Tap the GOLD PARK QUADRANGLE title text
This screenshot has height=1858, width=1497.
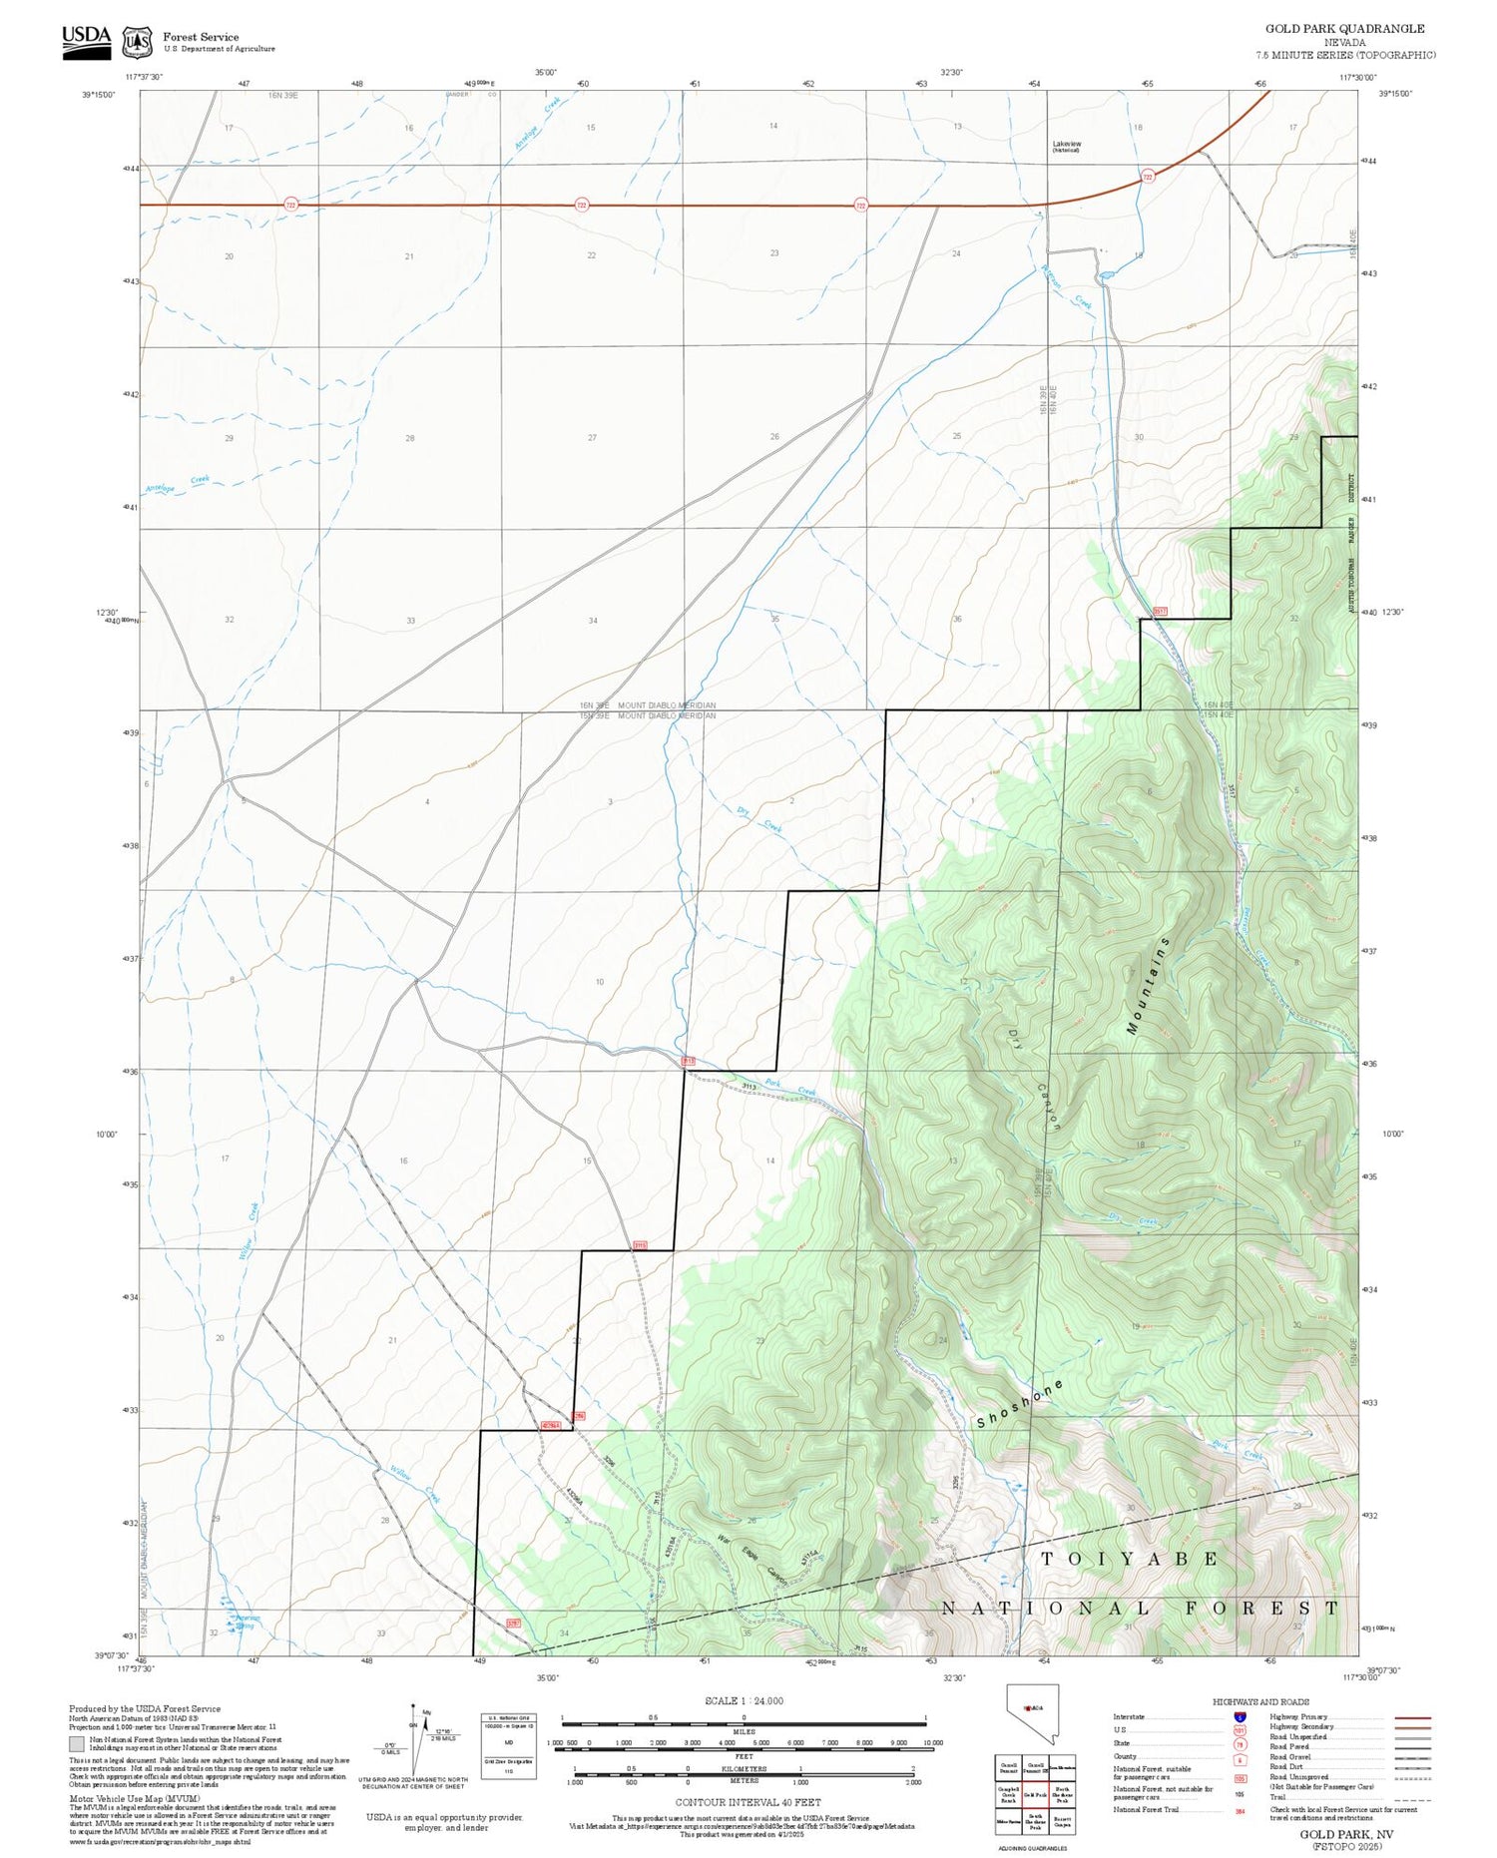click(1344, 29)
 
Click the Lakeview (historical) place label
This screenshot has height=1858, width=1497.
click(1066, 146)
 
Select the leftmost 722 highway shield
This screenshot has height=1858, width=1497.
click(290, 205)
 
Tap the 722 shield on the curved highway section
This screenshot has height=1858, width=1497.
click(1148, 177)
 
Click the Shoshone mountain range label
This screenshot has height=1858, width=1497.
click(1020, 1403)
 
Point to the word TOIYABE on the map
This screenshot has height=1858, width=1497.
click(1130, 1559)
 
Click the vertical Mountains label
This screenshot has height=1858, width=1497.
click(1148, 985)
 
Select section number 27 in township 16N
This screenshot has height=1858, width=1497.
click(592, 438)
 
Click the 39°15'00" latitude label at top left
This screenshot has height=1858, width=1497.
click(99, 95)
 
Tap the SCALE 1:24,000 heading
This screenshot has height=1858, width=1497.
click(744, 1701)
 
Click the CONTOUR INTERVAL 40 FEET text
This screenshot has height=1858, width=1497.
click(748, 1802)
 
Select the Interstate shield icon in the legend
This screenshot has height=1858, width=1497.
click(1240, 1717)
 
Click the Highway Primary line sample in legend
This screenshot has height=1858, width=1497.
click(1407, 1717)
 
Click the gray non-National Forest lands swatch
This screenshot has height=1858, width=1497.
click(77, 1744)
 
